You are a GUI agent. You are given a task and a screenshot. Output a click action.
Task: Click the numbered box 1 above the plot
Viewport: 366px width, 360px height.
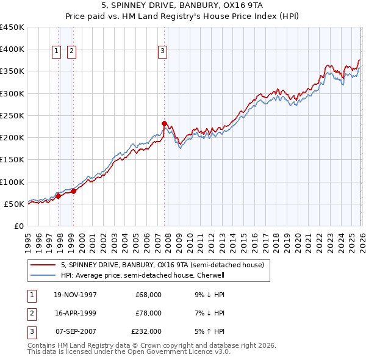tap(57, 52)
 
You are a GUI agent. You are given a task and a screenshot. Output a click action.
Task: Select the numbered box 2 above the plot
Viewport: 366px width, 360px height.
tap(71, 52)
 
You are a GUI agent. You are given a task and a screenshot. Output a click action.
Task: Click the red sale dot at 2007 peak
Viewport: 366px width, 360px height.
tap(164, 123)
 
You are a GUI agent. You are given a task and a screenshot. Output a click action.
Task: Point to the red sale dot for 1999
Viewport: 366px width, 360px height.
tap(73, 191)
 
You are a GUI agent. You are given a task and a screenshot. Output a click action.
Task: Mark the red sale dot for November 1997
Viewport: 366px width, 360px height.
tap(59, 195)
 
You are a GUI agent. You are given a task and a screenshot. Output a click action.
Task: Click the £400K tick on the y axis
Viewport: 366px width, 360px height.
tap(12, 49)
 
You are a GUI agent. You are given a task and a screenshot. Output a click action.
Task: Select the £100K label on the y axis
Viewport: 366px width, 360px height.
tap(12, 182)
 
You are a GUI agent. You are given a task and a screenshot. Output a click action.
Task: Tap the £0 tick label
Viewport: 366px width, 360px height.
tap(18, 226)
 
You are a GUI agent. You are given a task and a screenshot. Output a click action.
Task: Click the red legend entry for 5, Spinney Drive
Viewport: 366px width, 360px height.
tap(162, 265)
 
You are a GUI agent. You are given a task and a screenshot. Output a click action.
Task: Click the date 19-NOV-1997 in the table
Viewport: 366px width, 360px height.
tap(76, 295)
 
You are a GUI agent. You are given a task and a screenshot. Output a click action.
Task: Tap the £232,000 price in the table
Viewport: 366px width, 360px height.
tap(146, 331)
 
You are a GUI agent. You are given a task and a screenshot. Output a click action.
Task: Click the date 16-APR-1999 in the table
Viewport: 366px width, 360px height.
tap(76, 313)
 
